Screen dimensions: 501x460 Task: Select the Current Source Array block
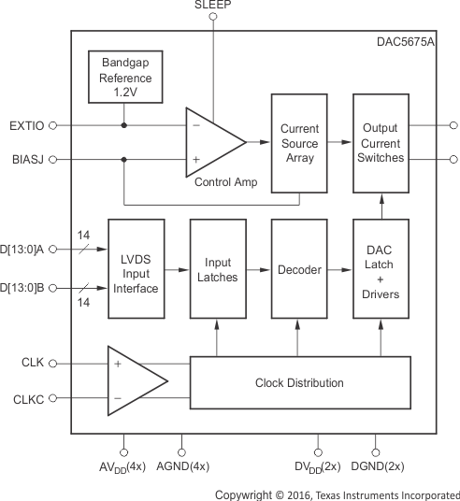[299, 143]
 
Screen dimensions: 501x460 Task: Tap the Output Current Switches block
[381, 143]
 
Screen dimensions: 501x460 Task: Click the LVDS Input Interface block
[137, 269]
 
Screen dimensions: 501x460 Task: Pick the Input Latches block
[218, 269]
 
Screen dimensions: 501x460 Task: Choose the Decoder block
[299, 269]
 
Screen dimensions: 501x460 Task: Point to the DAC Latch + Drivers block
[381, 269]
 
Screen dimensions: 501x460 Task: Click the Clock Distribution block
[299, 382]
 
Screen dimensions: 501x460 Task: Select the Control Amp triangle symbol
[212, 142]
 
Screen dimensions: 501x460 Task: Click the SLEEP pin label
[212, 6]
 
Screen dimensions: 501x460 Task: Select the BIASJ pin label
[26, 160]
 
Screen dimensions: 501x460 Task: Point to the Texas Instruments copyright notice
[337, 494]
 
